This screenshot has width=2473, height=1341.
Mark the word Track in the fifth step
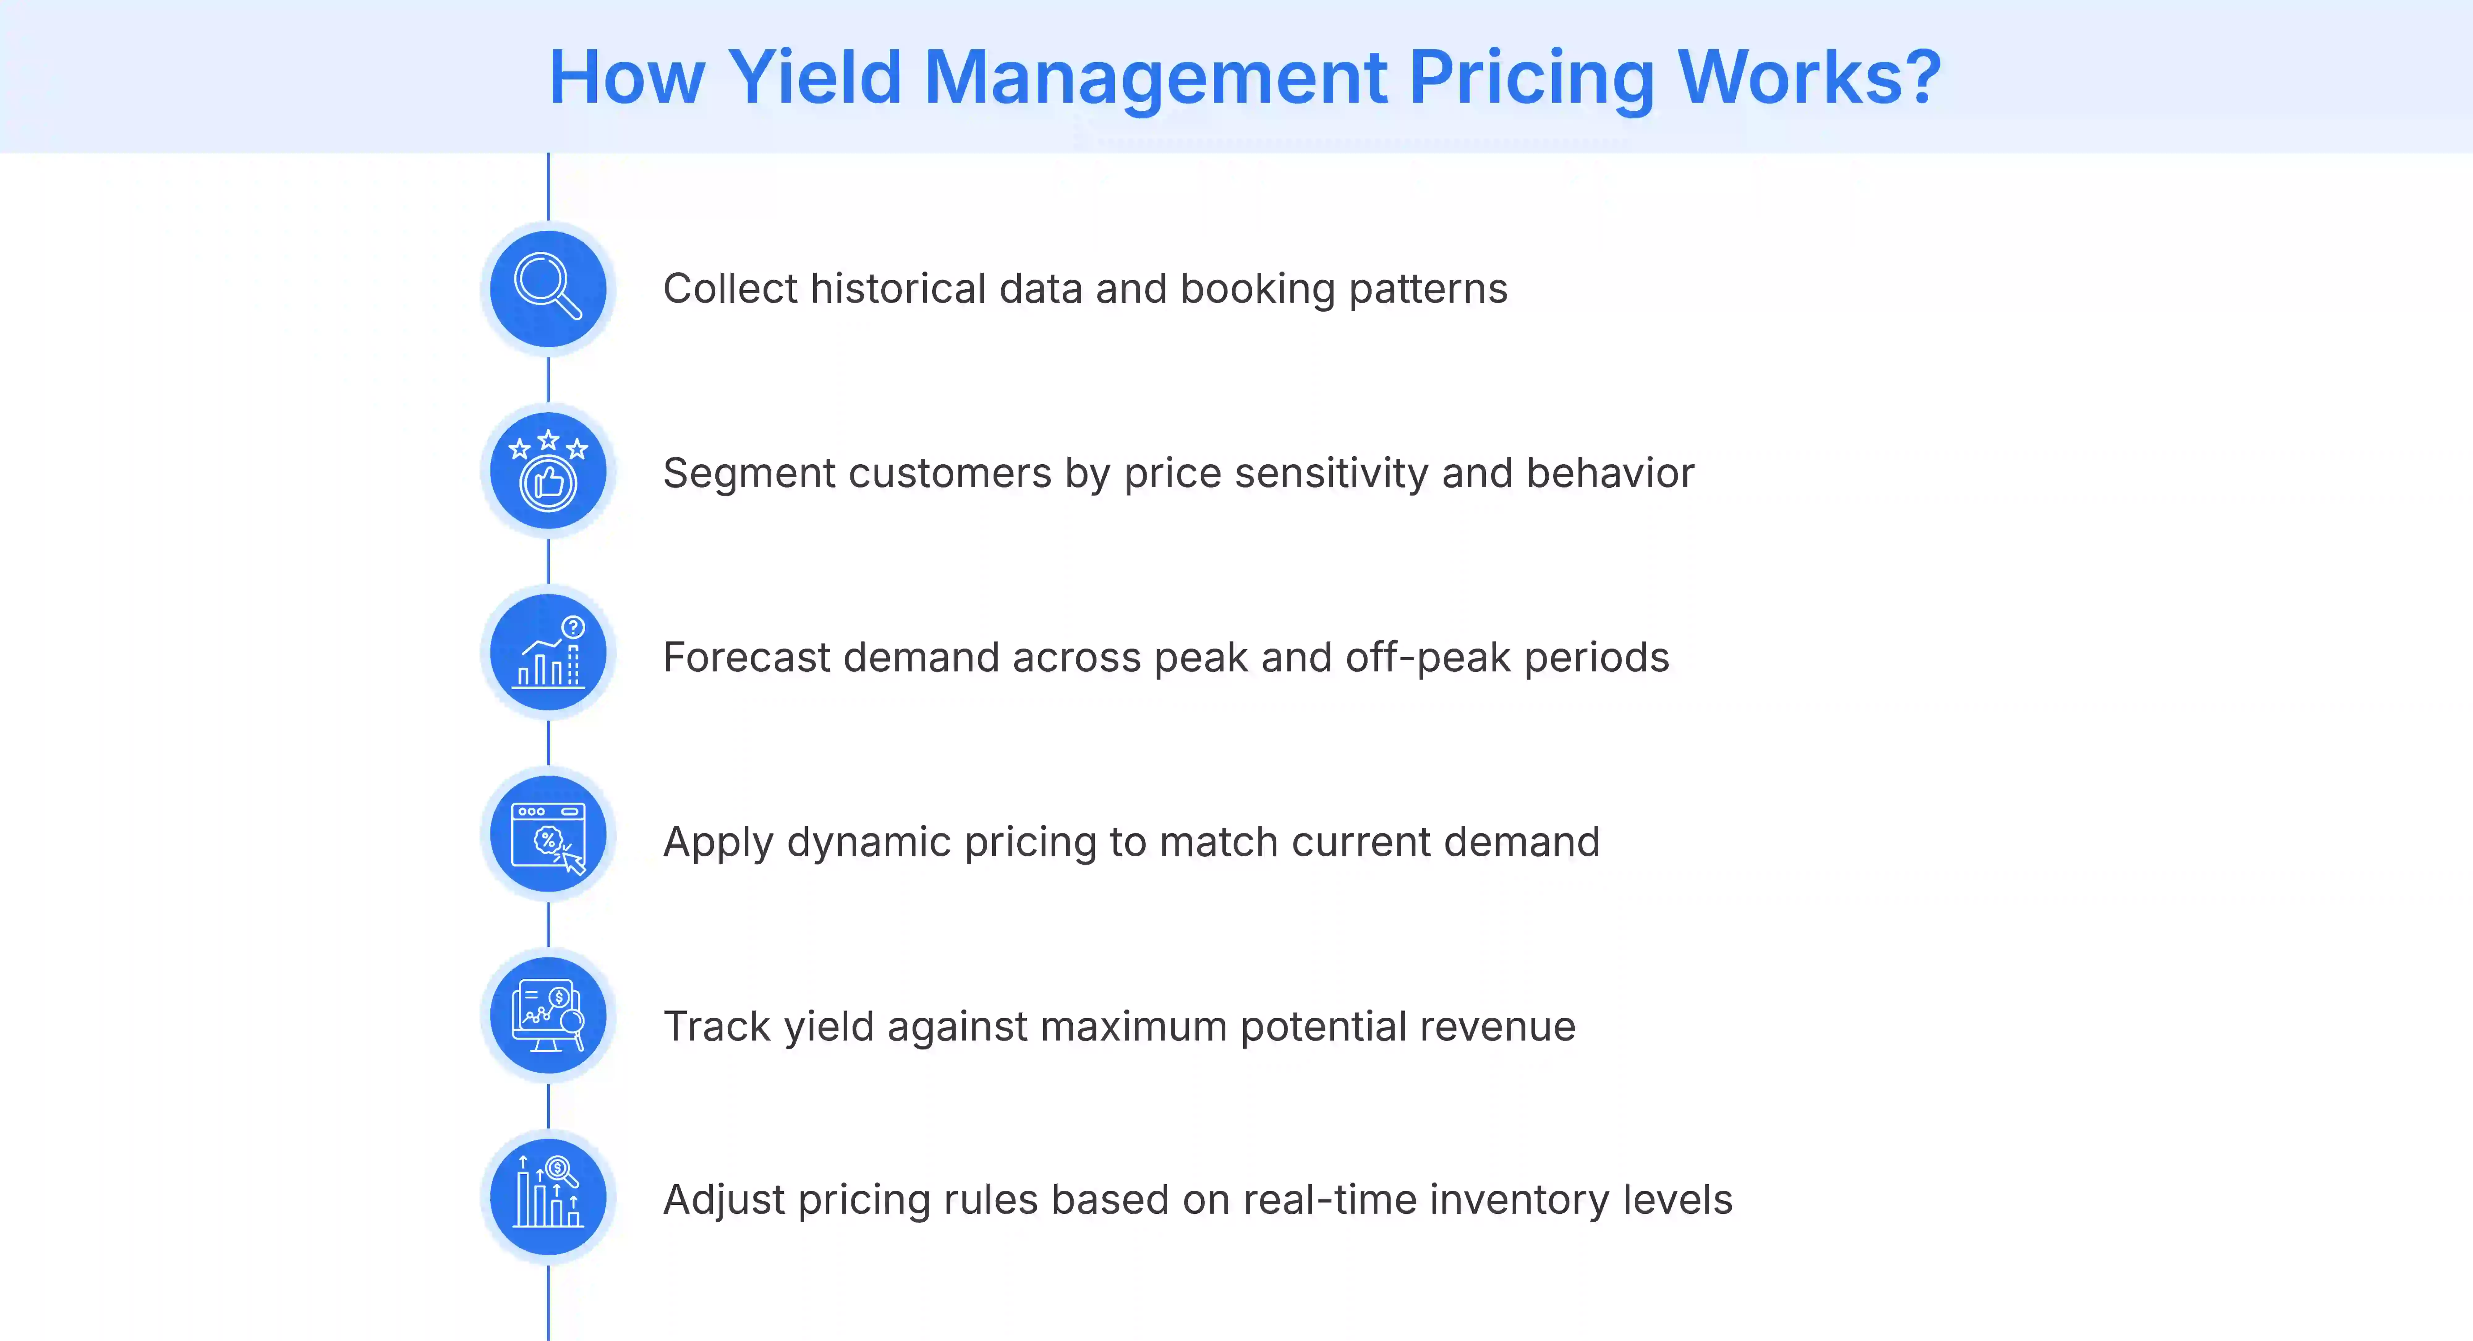click(x=717, y=1026)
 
